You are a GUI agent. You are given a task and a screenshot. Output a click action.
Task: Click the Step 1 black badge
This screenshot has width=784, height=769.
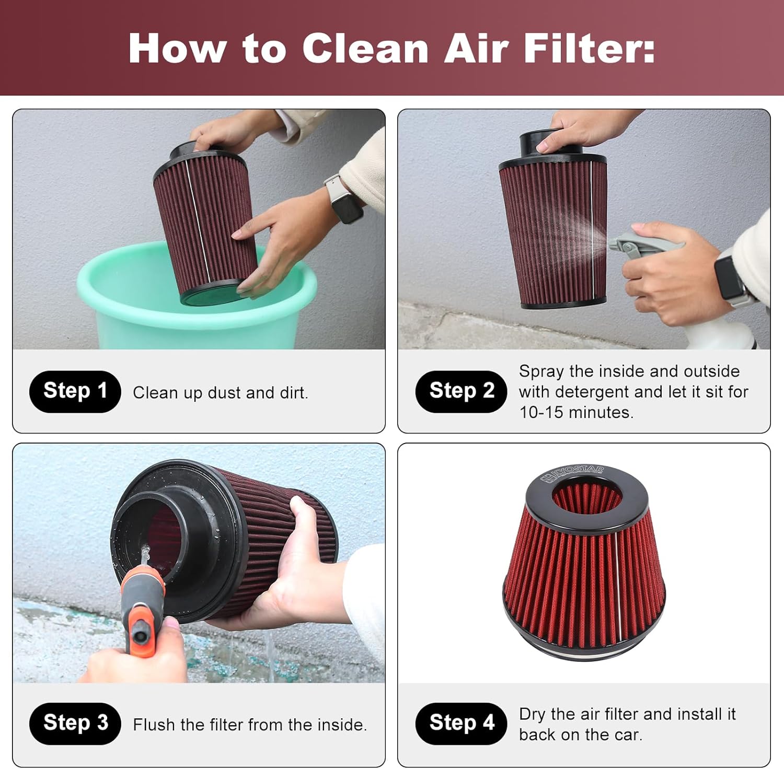click(x=75, y=391)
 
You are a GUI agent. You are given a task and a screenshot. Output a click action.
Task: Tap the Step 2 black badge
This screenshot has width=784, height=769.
click(x=461, y=391)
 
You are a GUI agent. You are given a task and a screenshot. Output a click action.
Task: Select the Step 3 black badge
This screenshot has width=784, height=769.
click(x=75, y=724)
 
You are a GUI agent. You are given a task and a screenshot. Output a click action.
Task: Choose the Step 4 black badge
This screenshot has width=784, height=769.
click(x=461, y=724)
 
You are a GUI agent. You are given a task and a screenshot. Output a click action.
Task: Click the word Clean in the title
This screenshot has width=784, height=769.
click(x=365, y=49)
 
